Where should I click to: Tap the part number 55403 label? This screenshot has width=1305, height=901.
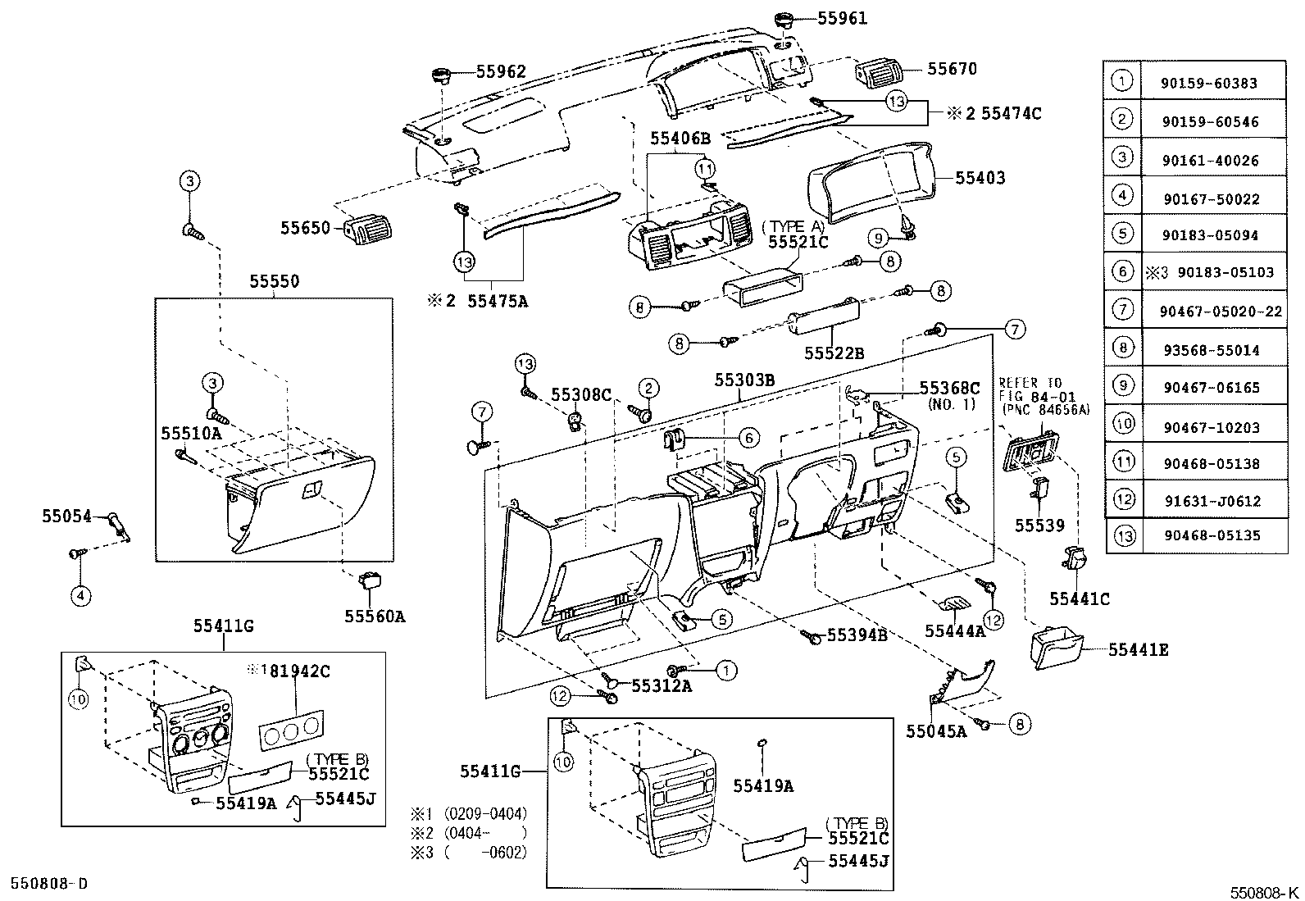[980, 178]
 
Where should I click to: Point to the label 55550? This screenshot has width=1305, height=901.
[274, 281]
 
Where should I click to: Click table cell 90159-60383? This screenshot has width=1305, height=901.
[1209, 83]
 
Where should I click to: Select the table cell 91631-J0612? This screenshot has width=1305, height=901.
[1211, 501]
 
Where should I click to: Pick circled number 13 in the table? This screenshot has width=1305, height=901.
[1124, 536]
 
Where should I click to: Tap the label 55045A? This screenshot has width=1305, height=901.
[936, 731]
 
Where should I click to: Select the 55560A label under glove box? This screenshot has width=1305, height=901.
[375, 617]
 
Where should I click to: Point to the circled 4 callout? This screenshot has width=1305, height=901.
[80, 596]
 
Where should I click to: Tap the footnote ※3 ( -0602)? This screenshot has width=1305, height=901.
[469, 852]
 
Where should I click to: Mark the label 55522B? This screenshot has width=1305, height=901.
[834, 353]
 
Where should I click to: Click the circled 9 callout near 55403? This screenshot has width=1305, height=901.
[879, 238]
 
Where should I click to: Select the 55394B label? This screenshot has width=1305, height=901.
[857, 635]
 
